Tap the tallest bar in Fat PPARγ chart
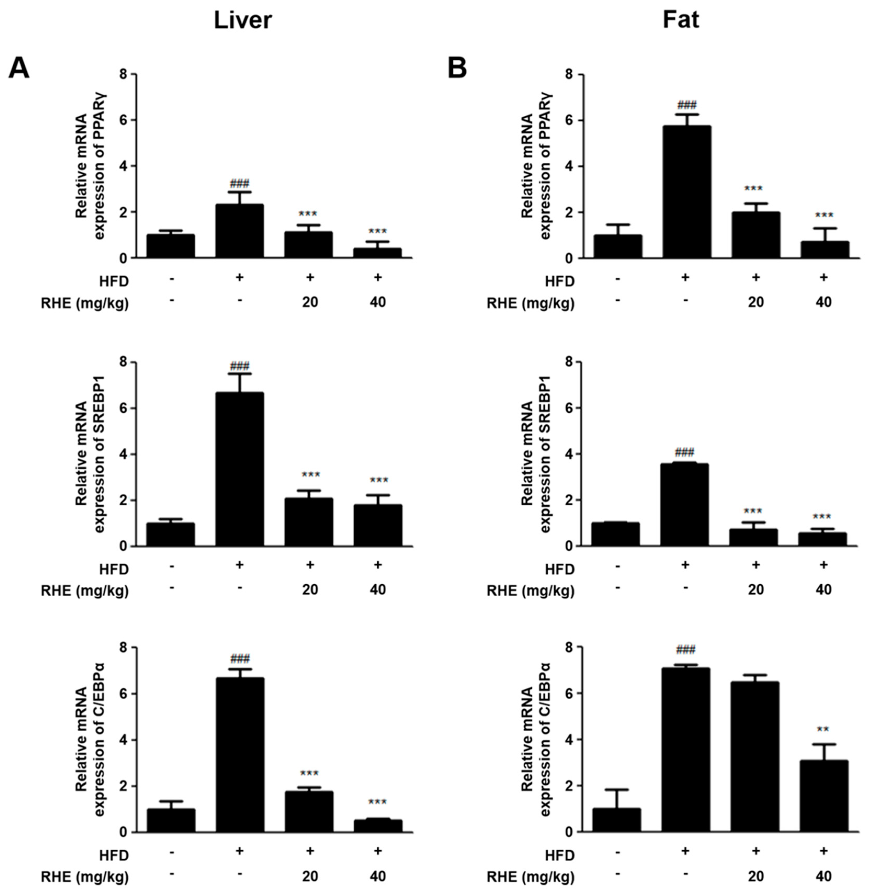pyautogui.click(x=686, y=192)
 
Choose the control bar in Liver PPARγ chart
pyautogui.click(x=171, y=246)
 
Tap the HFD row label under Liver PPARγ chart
pyautogui.click(x=114, y=281)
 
